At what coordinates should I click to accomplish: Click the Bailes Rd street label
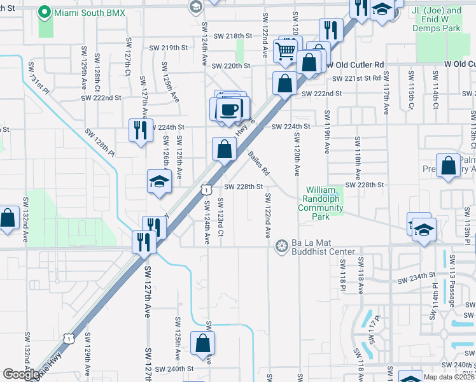260,163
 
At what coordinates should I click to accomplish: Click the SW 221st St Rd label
356,78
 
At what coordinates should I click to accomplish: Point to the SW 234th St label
416,278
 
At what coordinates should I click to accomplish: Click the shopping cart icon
286,50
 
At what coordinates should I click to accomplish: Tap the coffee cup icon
230,109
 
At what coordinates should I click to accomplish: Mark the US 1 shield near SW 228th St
206,189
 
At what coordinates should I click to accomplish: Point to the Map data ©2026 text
448,377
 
